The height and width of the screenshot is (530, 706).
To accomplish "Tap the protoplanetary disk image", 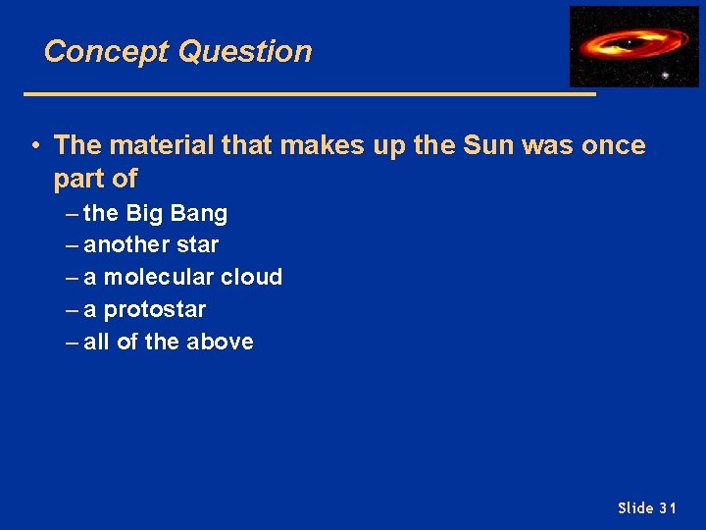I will (x=633, y=46).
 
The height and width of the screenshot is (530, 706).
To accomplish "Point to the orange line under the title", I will (x=309, y=94).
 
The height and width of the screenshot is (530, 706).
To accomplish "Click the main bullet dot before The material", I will (x=34, y=146).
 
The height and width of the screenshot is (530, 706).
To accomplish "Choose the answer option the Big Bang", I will (x=155, y=213).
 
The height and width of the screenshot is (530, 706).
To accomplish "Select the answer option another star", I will (x=151, y=244).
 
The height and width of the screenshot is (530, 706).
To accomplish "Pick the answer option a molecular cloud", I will (x=182, y=277).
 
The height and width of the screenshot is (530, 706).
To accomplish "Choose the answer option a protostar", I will (x=144, y=309).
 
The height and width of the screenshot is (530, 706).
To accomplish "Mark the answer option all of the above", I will (x=168, y=342).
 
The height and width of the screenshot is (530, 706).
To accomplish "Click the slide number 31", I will (x=668, y=507).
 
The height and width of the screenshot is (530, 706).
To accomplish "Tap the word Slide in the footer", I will (x=634, y=507).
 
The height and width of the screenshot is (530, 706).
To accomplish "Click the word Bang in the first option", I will (x=201, y=213).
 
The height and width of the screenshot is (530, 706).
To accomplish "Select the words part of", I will (x=96, y=179).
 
